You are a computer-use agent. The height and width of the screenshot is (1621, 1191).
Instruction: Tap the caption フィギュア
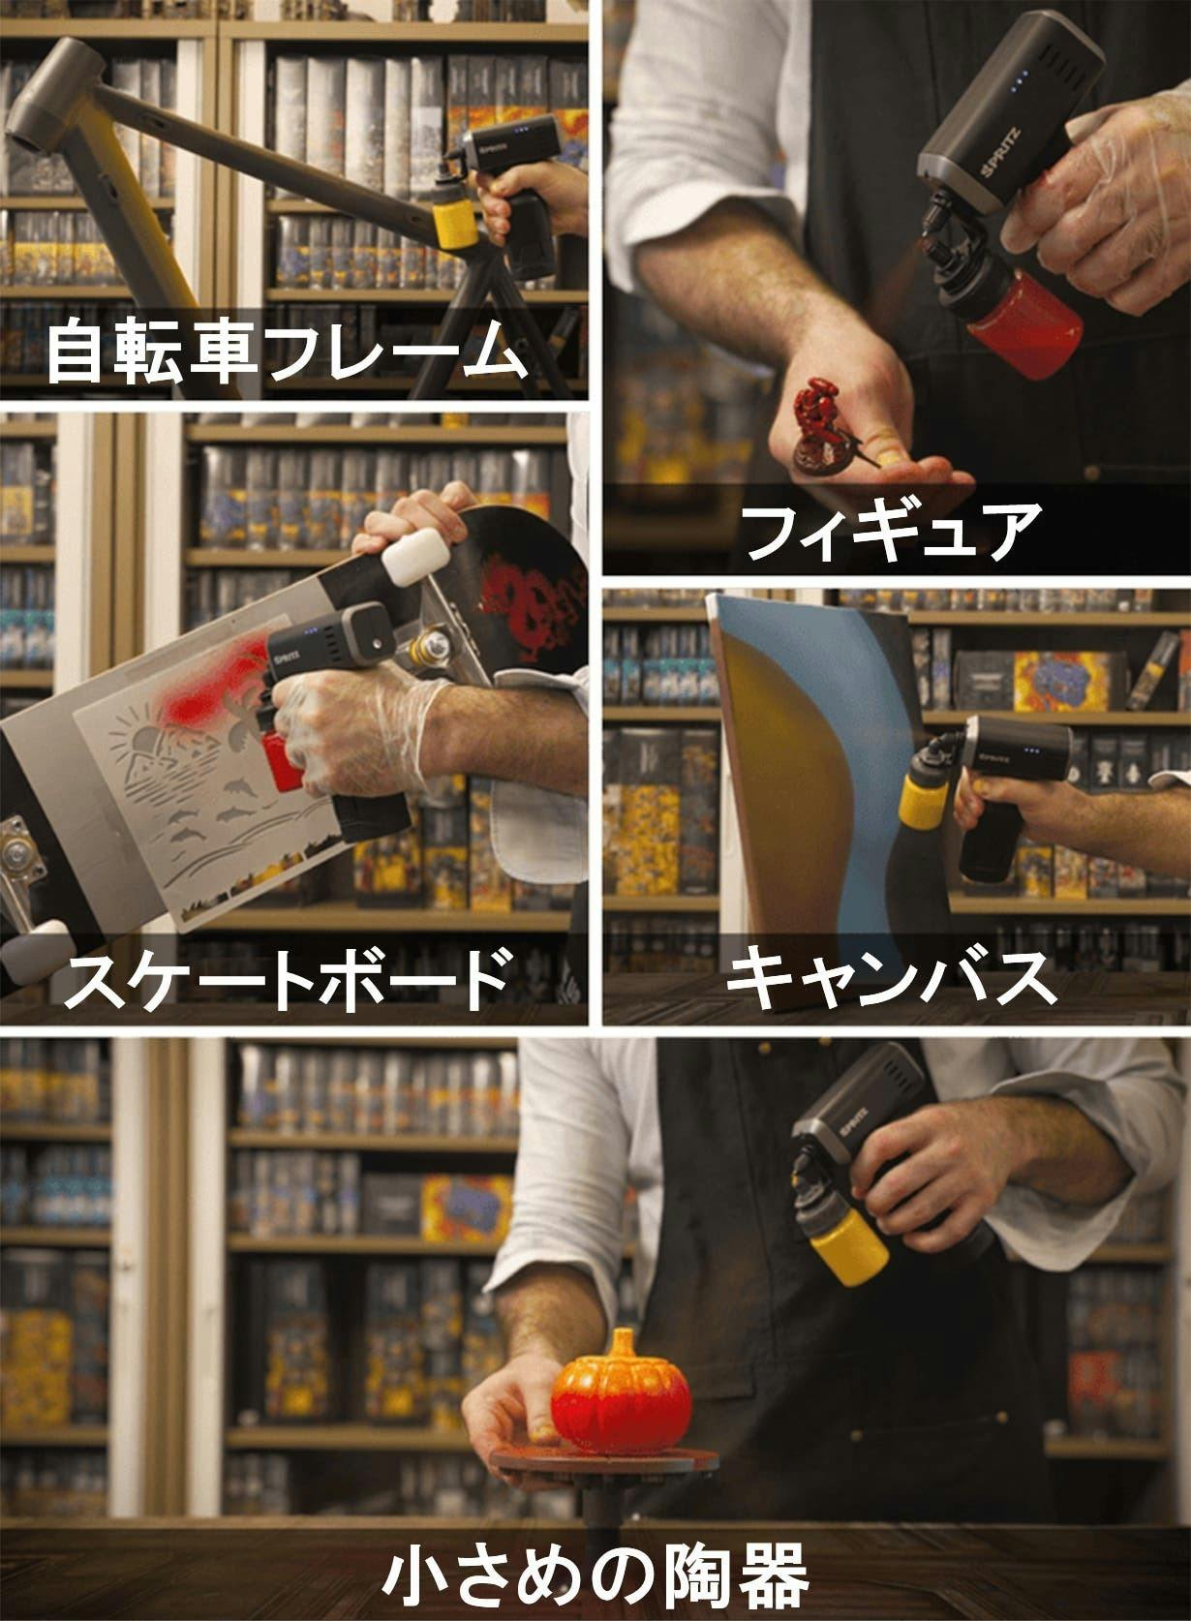click(x=892, y=531)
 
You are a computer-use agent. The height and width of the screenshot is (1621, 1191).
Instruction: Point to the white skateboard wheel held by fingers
click(x=412, y=555)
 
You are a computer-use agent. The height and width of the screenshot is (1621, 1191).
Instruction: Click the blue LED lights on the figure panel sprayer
click(x=1018, y=82)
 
